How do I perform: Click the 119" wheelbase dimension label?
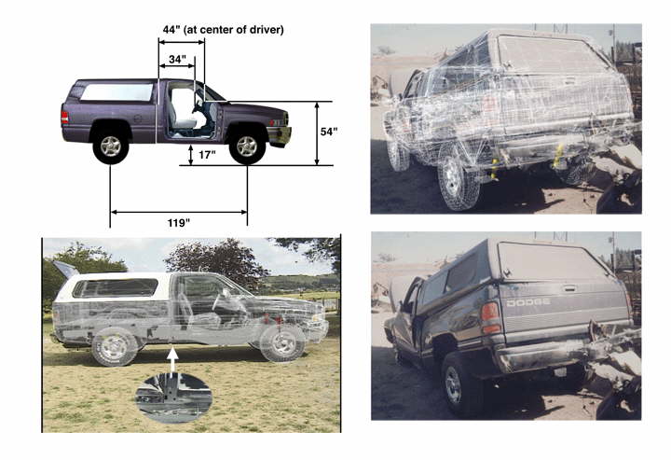(x=178, y=223)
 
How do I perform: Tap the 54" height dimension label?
(x=329, y=132)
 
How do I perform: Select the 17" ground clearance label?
(x=207, y=155)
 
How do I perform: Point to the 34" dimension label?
(x=177, y=59)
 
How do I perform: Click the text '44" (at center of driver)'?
(x=223, y=30)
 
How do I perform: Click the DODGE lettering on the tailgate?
(x=528, y=302)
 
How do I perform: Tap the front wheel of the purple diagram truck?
(x=247, y=146)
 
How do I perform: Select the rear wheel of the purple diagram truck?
(x=111, y=146)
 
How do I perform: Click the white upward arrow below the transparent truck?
(x=172, y=362)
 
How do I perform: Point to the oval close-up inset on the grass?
(x=173, y=397)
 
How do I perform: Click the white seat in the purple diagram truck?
(x=182, y=109)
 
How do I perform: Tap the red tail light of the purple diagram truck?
(x=64, y=118)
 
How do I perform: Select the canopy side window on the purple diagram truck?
(x=116, y=92)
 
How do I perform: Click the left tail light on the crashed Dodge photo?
(x=490, y=318)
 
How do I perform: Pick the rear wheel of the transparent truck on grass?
(x=115, y=346)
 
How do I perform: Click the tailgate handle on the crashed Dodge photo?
(x=569, y=288)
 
